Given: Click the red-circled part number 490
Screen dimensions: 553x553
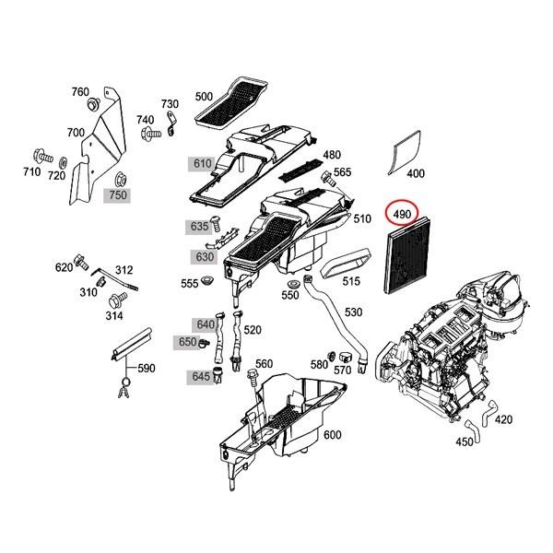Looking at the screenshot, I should click(x=402, y=215).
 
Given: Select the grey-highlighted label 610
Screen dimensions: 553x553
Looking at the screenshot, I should click(x=202, y=164).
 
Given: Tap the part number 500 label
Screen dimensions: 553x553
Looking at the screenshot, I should click(x=204, y=97).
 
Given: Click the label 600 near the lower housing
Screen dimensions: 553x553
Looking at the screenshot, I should click(x=333, y=435).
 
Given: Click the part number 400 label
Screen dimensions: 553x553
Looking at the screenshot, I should click(x=416, y=173).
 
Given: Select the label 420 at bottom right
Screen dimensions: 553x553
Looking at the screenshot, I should click(x=503, y=419).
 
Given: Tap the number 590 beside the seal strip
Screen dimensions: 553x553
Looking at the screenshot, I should click(x=147, y=369).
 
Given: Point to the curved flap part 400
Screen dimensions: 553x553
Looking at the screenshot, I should click(x=405, y=151).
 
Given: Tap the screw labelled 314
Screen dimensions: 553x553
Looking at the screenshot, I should click(x=118, y=300).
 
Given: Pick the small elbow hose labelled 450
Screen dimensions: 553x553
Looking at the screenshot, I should click(x=472, y=427).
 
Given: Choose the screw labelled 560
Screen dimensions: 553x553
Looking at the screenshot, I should click(x=250, y=377).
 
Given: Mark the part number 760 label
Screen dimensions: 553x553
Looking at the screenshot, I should click(x=81, y=92).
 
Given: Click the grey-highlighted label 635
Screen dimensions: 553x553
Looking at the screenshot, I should click(x=200, y=226).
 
